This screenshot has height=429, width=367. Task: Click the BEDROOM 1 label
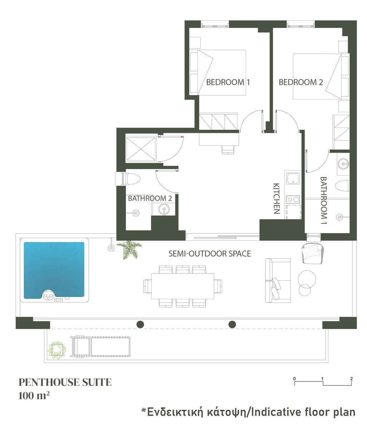click(x=228, y=82)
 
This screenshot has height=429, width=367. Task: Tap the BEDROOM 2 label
click(x=301, y=82)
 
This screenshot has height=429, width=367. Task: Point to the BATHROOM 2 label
click(x=150, y=198)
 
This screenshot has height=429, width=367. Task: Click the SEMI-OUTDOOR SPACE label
click(x=210, y=253)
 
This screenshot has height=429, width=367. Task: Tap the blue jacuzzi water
click(x=54, y=270)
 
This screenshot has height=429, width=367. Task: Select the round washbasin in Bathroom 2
click(x=164, y=209)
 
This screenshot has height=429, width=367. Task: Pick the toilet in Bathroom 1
click(x=342, y=185)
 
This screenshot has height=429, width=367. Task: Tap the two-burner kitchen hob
click(x=293, y=199)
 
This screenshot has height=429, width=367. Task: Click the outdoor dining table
click(x=182, y=286)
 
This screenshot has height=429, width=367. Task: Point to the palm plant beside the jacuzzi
click(x=129, y=250)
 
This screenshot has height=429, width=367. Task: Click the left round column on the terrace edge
click(x=140, y=324)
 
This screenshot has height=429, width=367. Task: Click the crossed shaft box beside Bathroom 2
click(x=141, y=149)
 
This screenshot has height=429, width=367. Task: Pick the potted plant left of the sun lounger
click(x=57, y=350)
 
